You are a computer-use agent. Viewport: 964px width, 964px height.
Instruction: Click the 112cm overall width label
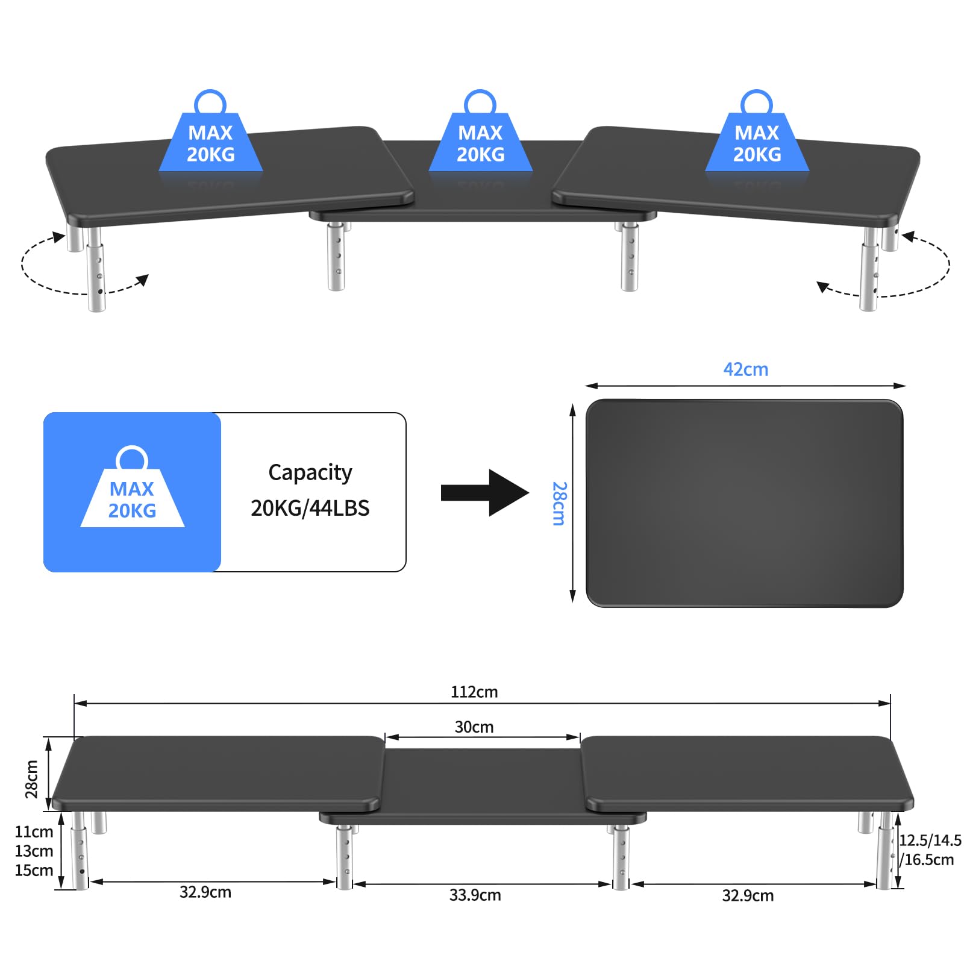474,692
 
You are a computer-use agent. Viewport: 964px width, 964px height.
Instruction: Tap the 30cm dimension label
474,727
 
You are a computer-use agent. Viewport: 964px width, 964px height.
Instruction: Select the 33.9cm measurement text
475,895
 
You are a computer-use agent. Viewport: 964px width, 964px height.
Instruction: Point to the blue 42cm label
746,369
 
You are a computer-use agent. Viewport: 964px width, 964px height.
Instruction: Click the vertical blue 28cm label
560,503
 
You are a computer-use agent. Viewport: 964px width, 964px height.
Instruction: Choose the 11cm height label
34,831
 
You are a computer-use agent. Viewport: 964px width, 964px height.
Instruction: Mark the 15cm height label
34,870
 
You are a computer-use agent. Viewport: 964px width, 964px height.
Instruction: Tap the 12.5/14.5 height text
930,840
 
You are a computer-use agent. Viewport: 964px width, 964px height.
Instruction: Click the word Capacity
310,473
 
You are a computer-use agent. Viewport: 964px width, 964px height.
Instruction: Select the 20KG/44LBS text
310,508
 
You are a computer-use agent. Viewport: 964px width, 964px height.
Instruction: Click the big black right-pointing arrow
485,493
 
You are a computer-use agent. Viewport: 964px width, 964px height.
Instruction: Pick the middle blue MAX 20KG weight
481,131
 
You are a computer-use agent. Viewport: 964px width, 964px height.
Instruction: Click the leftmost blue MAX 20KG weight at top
211,131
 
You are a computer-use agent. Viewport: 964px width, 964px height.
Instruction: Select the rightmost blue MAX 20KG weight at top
757,131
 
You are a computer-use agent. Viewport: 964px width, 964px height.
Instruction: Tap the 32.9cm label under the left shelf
205,892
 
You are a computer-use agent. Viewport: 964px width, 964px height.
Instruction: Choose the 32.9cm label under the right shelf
748,895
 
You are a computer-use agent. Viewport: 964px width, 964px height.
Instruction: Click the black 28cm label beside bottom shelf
31,778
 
